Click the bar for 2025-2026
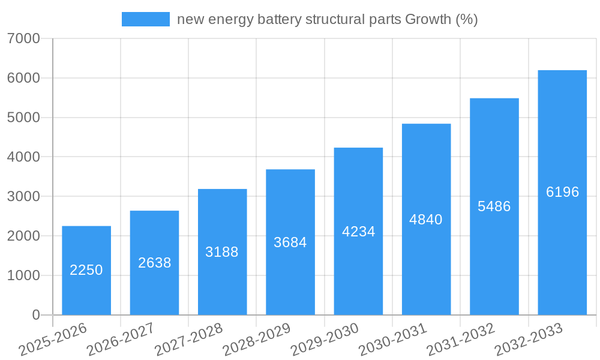86,270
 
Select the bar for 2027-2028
222,252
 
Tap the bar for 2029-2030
358,231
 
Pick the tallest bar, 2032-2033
562,192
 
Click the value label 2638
155,263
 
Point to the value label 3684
290,242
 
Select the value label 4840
426,220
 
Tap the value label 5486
494,206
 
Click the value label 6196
563,192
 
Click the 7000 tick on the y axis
24,38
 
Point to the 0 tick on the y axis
35,315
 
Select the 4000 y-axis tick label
24,157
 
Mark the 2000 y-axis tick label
24,236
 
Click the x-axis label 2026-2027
121,340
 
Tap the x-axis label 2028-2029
257,340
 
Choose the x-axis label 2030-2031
393,340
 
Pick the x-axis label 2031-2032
461,340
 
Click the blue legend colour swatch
146,19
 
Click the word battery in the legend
280,19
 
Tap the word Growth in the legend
428,19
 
